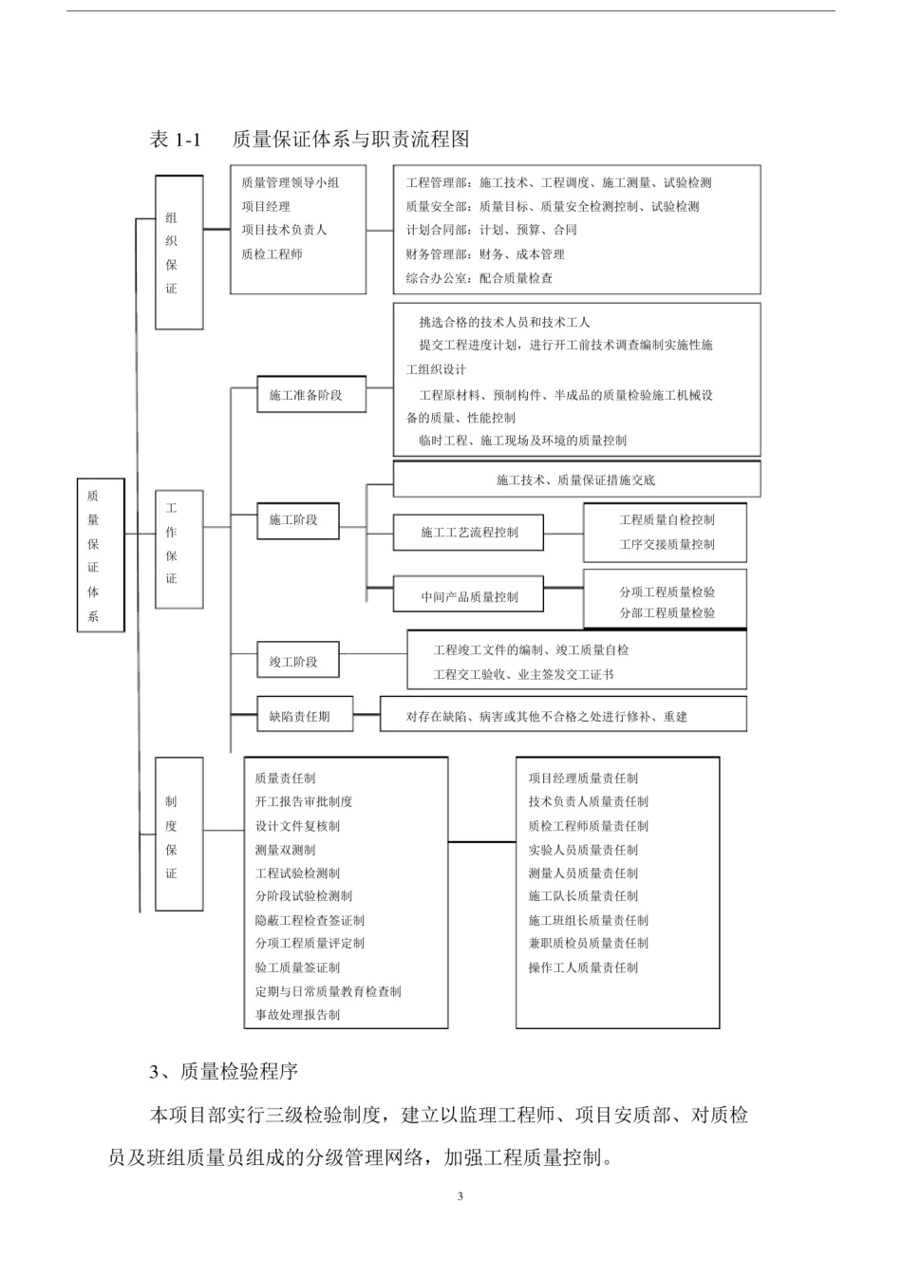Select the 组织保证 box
pyautogui.click(x=179, y=253)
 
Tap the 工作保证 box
pyautogui.click(x=179, y=549)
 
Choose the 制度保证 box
pyautogui.click(x=179, y=835)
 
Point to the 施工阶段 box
pyautogui.click(x=297, y=520)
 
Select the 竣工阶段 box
pyautogui.click(x=297, y=662)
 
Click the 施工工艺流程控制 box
pyautogui.click(x=469, y=533)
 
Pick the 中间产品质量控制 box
pyautogui.click(x=469, y=597)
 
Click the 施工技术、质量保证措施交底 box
pyautogui.click(x=576, y=479)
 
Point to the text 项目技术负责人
pyautogui.click(x=284, y=230)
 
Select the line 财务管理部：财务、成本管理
pyautogui.click(x=485, y=254)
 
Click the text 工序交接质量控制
pyautogui.click(x=667, y=544)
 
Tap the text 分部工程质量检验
pyautogui.click(x=667, y=613)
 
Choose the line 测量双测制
pyautogui.click(x=285, y=850)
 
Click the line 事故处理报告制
pyautogui.click(x=297, y=1015)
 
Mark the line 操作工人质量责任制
pyautogui.click(x=583, y=967)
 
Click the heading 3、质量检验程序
pyautogui.click(x=224, y=1072)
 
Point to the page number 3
pyautogui.click(x=460, y=1196)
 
